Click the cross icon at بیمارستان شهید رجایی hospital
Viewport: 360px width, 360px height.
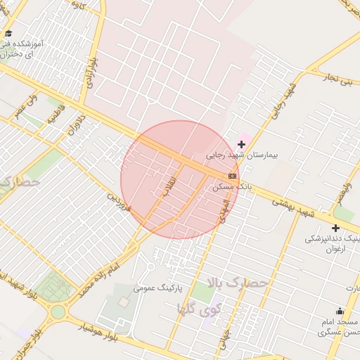coord(241,144)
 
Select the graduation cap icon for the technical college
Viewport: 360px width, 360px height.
coord(8,33)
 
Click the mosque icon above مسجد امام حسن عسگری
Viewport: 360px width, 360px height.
coord(340,311)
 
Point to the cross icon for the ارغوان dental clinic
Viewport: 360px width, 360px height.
coord(335,228)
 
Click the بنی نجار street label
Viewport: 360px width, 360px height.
coord(335,79)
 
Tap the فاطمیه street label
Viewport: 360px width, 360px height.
coord(56,115)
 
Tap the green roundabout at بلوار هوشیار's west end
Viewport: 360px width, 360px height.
coord(58,311)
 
